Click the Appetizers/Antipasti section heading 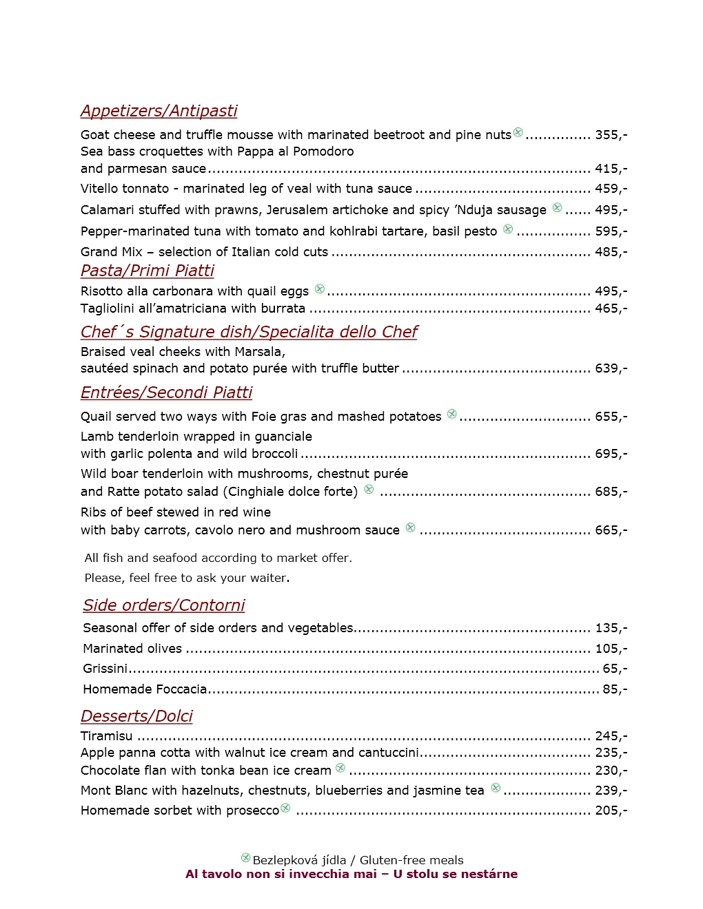pyautogui.click(x=159, y=111)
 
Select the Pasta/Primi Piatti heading pyautogui.click(x=147, y=271)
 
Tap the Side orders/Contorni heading pyautogui.click(x=164, y=605)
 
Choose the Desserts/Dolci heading pyautogui.click(x=136, y=716)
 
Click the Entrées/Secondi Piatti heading pyautogui.click(x=166, y=393)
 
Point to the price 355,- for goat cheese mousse pyautogui.click(x=611, y=135)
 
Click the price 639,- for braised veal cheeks pyautogui.click(x=611, y=368)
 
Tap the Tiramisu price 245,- pyautogui.click(x=611, y=736)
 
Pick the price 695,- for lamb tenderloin pyautogui.click(x=611, y=454)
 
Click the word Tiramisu pyautogui.click(x=106, y=736)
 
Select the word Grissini pyautogui.click(x=105, y=669)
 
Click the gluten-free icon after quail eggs pyautogui.click(x=320, y=289)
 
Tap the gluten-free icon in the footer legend pyautogui.click(x=245, y=857)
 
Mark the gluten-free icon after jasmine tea pyautogui.click(x=496, y=788)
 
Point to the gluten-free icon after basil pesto pyautogui.click(x=508, y=229)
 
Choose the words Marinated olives pyautogui.click(x=132, y=649)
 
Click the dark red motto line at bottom pyautogui.click(x=351, y=874)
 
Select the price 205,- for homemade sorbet pyautogui.click(x=611, y=811)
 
